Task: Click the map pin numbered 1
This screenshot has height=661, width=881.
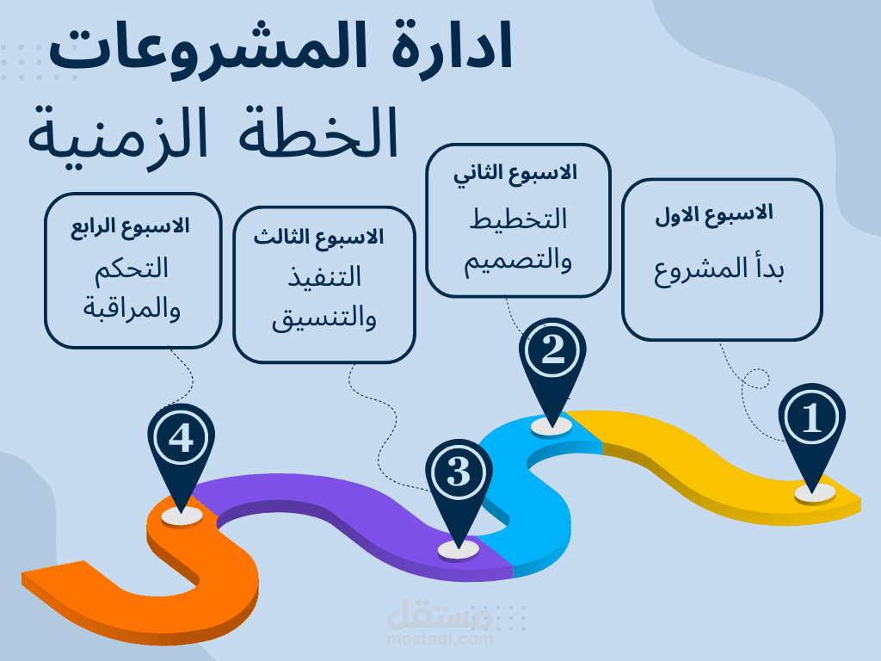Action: point(812,427)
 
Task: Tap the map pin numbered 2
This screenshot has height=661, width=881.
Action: point(552,360)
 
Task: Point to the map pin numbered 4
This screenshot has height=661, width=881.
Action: point(181,447)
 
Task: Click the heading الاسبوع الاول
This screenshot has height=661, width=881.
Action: point(714,214)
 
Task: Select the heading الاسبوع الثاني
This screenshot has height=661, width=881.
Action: point(516,173)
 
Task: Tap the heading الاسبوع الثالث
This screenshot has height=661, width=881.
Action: point(318,238)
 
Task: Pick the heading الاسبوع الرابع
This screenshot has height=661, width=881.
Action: point(130,226)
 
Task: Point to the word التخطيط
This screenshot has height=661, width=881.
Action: point(518,219)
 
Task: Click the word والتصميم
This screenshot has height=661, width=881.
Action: point(517,262)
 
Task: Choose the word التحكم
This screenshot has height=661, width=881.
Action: point(132,269)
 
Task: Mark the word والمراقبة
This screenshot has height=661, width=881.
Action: point(132,309)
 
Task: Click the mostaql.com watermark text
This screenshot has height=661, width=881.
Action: point(440,639)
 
